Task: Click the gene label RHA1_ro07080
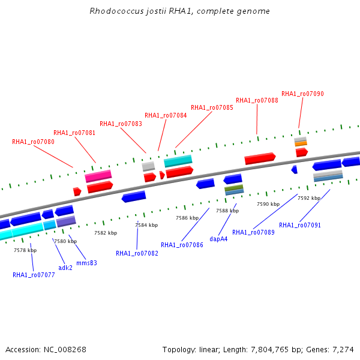click(33, 142)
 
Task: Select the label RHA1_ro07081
click(74, 133)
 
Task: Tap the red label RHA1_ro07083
click(121, 124)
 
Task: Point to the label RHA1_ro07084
click(166, 115)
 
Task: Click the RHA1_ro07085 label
click(212, 107)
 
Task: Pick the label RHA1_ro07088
click(257, 100)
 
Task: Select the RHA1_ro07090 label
click(302, 94)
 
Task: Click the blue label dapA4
click(218, 239)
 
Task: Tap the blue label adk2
click(65, 267)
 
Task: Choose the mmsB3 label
click(86, 263)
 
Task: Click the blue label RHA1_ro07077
click(34, 275)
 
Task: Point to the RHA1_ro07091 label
click(299, 225)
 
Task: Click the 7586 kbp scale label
click(187, 218)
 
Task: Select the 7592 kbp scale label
click(309, 197)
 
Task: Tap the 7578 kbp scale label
click(25, 250)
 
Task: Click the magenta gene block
click(98, 176)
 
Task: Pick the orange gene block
click(301, 143)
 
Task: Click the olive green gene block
click(234, 188)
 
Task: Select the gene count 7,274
click(343, 349)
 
